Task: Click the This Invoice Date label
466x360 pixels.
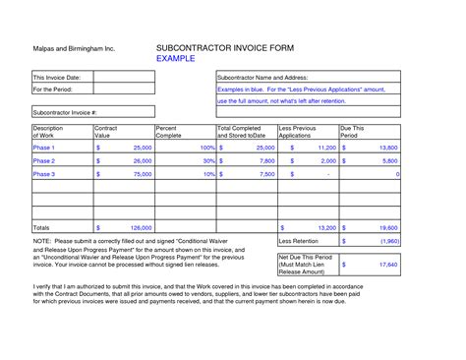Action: click(58, 77)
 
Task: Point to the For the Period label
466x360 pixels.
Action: click(54, 89)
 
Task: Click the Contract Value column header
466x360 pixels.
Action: click(106, 133)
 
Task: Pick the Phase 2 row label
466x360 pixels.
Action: click(44, 159)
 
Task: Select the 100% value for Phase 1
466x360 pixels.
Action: click(204, 147)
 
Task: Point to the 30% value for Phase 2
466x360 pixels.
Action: click(207, 160)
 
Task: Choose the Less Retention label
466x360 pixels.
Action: click(300, 240)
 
